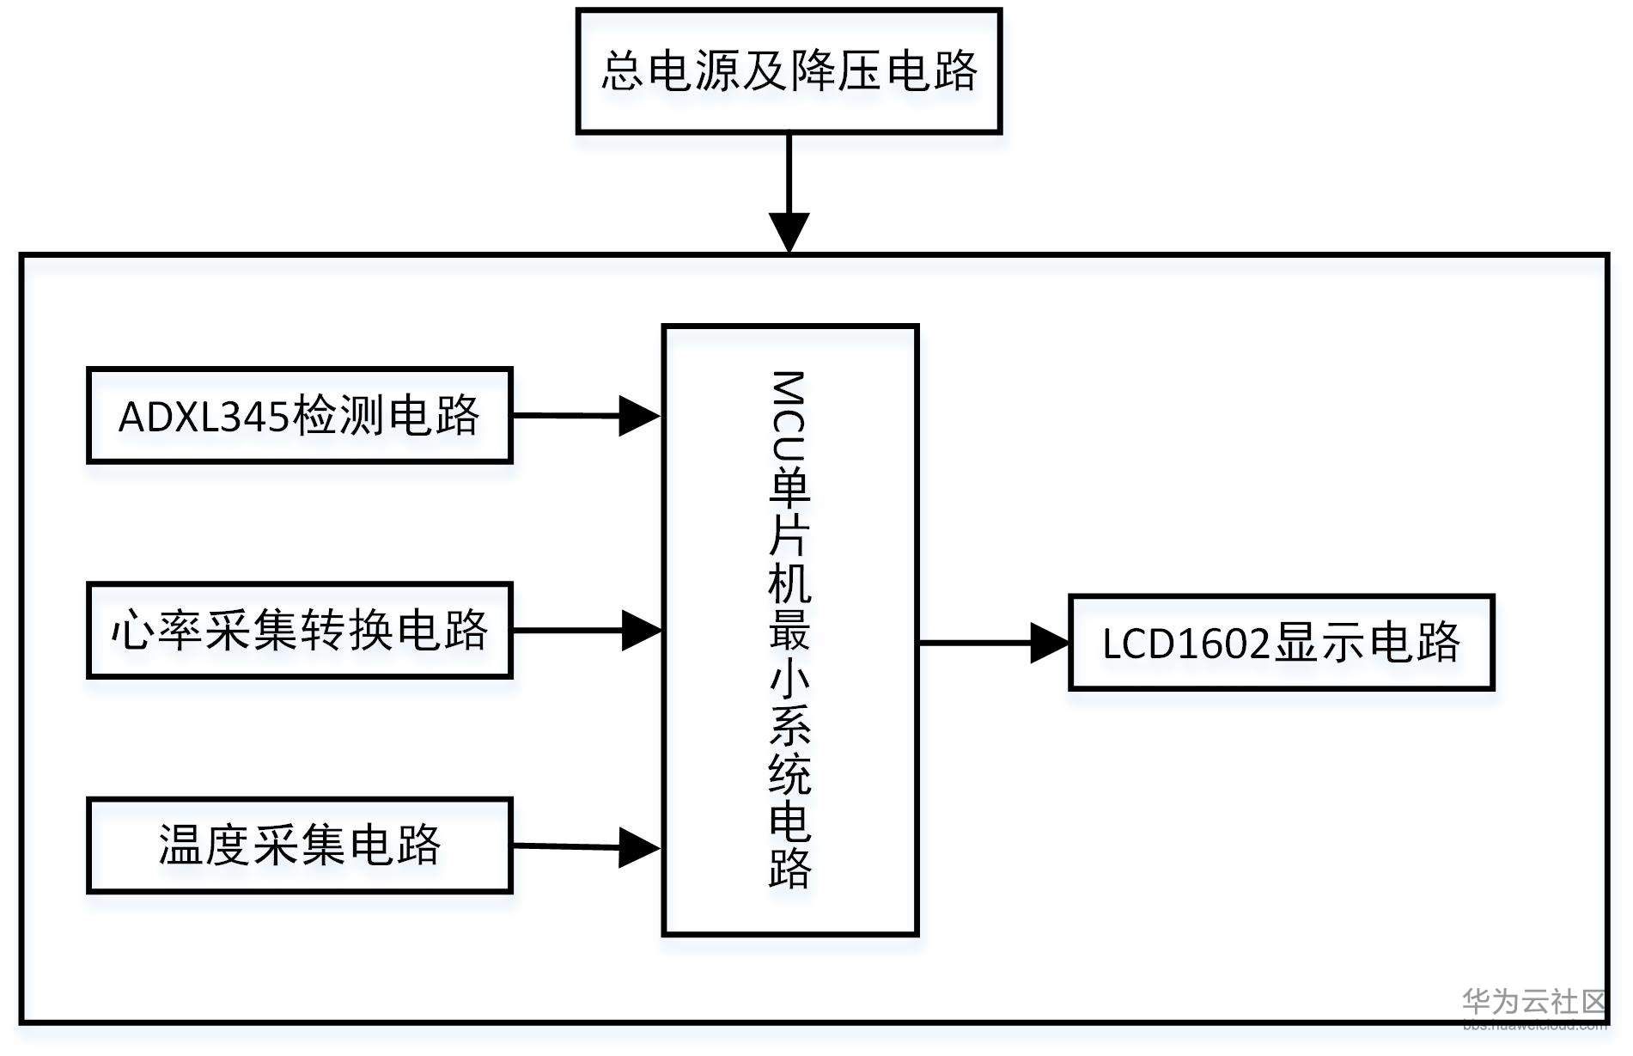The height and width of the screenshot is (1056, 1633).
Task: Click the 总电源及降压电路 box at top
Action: pos(788,70)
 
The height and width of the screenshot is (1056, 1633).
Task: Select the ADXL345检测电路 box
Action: pos(299,416)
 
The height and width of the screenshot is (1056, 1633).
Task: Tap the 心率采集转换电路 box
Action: pos(299,631)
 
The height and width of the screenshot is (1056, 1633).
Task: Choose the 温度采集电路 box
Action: pos(299,845)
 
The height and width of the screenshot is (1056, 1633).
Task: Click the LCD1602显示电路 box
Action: pos(1281,643)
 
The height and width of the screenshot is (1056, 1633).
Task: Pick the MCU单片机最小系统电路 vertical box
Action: pos(789,630)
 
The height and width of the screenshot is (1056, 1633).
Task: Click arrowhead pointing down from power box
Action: pos(788,230)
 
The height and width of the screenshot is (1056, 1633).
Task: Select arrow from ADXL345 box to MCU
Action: pos(587,416)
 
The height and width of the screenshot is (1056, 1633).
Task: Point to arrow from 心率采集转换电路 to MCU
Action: pos(587,631)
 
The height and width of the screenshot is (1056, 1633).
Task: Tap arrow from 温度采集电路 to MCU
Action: pos(587,847)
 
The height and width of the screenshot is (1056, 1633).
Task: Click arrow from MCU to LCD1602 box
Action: pos(994,643)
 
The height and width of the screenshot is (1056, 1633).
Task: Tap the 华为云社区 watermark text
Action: pos(1533,1002)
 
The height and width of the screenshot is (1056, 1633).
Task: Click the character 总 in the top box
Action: pos(621,70)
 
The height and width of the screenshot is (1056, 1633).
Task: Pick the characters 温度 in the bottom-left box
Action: pos(204,845)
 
